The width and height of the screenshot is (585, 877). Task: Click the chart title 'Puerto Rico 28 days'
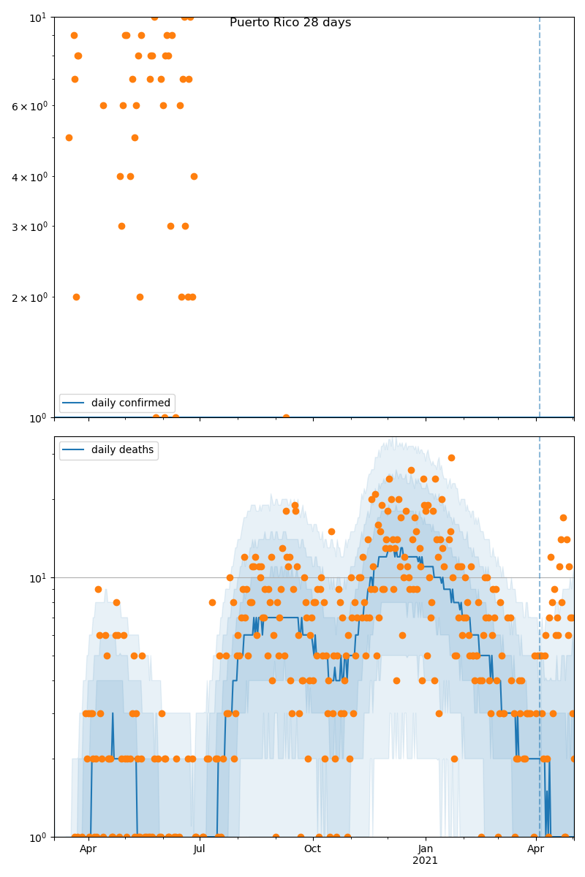coord(290,23)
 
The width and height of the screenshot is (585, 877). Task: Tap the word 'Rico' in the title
coord(287,23)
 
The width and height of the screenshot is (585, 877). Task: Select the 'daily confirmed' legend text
coord(130,403)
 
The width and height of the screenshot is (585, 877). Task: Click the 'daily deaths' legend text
coord(122,450)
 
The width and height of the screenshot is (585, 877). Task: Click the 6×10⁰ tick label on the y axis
coord(29,106)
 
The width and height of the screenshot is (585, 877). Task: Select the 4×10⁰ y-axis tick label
coord(29,177)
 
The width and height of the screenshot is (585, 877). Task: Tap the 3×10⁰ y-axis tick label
coord(29,227)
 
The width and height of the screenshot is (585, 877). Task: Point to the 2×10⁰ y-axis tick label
coord(29,297)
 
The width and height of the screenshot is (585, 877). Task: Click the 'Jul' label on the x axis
coord(200,849)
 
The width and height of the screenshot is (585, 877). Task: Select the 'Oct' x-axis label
coord(312,849)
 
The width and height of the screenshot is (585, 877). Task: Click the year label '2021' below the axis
coord(426,861)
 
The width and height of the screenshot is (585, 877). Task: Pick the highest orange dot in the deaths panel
coord(451,458)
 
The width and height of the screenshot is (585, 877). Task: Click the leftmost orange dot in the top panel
coord(69,137)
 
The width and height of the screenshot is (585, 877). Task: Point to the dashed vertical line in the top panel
coord(540,219)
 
